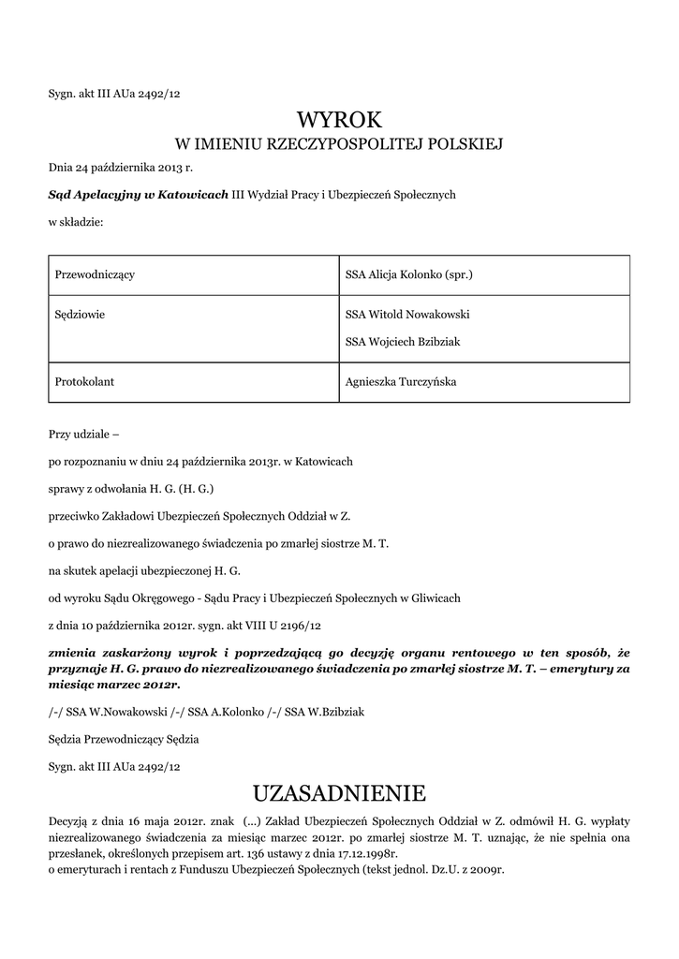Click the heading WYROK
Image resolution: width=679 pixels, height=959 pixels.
(x=339, y=119)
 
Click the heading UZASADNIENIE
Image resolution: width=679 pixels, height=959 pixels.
(x=339, y=793)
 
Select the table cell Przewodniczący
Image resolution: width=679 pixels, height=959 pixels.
(x=96, y=274)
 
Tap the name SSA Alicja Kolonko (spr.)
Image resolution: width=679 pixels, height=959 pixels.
(x=409, y=274)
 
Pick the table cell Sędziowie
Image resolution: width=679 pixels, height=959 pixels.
(x=81, y=315)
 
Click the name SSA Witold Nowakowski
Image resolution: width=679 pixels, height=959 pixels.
(x=407, y=315)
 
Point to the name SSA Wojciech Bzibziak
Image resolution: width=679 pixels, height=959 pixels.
(x=403, y=342)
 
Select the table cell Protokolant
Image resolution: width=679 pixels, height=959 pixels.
(x=85, y=381)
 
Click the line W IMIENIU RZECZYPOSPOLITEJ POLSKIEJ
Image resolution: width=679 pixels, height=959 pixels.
(x=339, y=144)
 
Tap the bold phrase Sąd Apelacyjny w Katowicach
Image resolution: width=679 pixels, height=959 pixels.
(x=139, y=194)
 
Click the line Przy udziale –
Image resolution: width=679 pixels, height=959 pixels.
(x=84, y=435)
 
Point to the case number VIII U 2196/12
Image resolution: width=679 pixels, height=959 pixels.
(x=286, y=624)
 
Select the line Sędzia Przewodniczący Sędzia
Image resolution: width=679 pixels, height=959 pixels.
(x=124, y=739)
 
